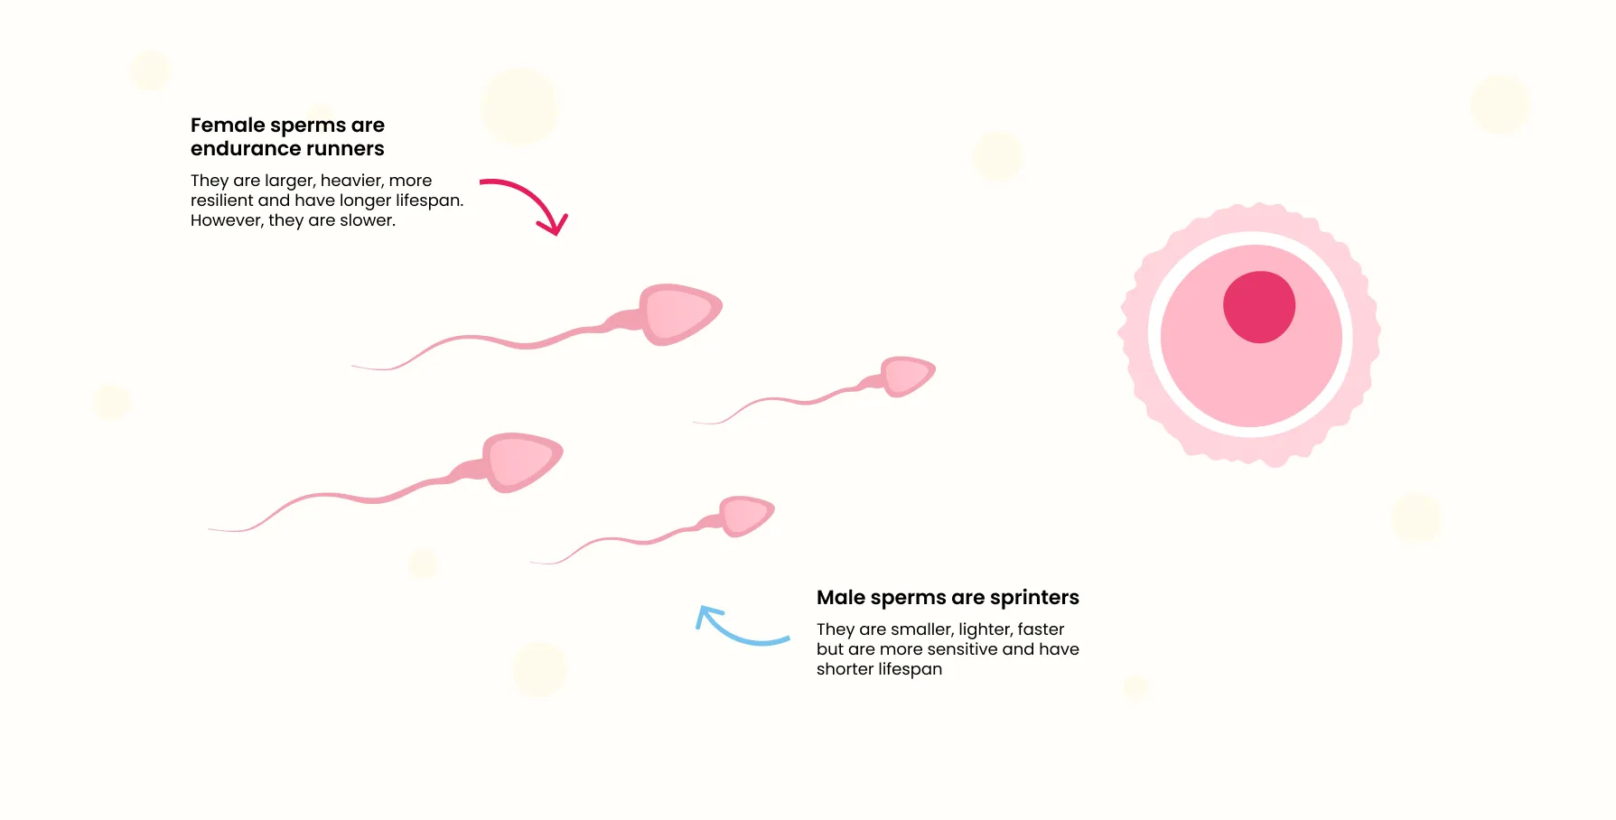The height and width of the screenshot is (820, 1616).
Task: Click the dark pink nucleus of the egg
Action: tap(1259, 307)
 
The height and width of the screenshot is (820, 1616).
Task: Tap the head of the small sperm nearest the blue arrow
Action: tap(746, 516)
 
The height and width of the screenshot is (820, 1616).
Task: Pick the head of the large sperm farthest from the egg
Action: tap(522, 461)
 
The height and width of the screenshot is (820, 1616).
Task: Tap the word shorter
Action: tap(845, 669)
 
